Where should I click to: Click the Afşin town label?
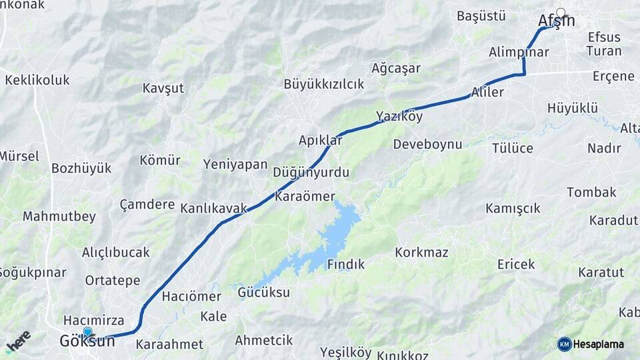555,21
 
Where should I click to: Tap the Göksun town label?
87,341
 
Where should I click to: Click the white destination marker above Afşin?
561,12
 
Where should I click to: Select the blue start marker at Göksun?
87,331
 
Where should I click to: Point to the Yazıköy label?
399,117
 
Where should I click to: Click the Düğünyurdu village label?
311,173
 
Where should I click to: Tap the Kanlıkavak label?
213,209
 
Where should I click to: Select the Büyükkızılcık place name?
324,84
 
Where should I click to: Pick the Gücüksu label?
264,293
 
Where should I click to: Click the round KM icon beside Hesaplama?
564,344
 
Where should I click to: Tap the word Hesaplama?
599,344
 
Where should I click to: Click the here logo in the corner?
18,341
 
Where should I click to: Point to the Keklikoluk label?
37,80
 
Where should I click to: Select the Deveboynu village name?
427,144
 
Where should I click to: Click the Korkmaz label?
421,253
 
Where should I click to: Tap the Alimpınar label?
519,52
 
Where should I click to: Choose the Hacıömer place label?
191,297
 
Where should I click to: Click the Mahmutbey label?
59,217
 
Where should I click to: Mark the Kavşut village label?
163,88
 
